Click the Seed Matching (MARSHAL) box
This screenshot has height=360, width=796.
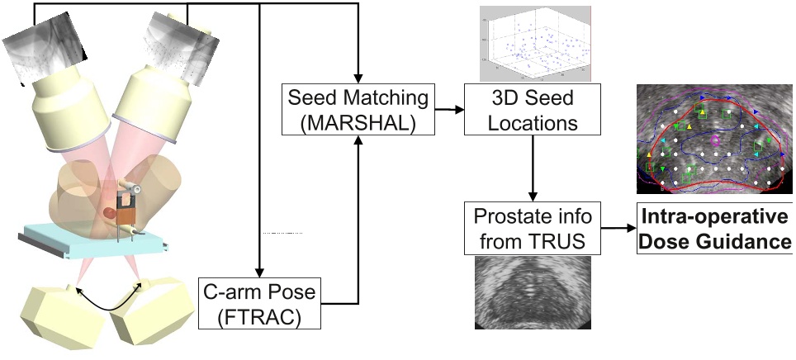click(x=358, y=110)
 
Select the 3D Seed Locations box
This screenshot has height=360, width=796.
click(x=533, y=110)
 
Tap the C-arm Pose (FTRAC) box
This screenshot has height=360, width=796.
click(x=258, y=303)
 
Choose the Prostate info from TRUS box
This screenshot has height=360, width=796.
click(x=533, y=228)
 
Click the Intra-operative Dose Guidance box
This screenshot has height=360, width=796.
click(x=715, y=230)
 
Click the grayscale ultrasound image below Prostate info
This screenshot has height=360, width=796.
click(x=533, y=292)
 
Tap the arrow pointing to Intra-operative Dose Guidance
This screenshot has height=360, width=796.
click(x=618, y=228)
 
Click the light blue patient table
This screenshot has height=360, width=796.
click(x=91, y=239)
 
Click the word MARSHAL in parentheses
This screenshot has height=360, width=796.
click(x=358, y=122)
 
